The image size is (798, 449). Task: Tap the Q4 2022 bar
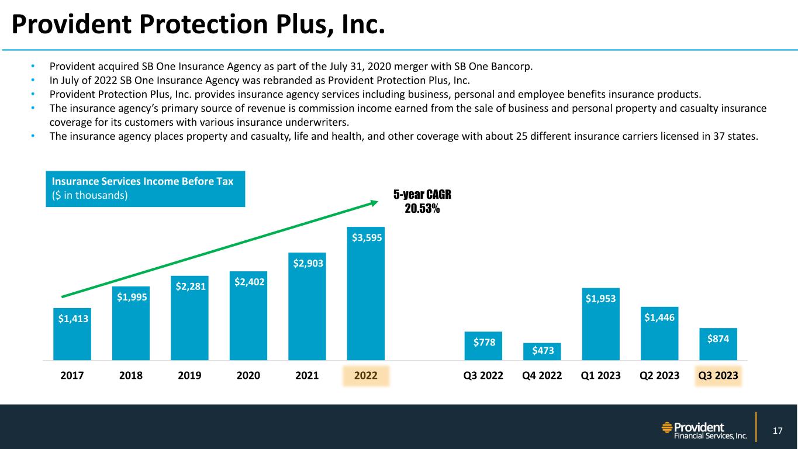point(542,352)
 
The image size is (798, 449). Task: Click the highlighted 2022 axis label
point(366,375)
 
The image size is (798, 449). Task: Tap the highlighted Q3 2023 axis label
point(718,375)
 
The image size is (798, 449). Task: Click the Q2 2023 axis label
point(659,375)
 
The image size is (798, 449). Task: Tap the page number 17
point(777,431)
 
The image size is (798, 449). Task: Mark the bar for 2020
point(248,319)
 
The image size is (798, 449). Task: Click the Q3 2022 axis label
point(483,375)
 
